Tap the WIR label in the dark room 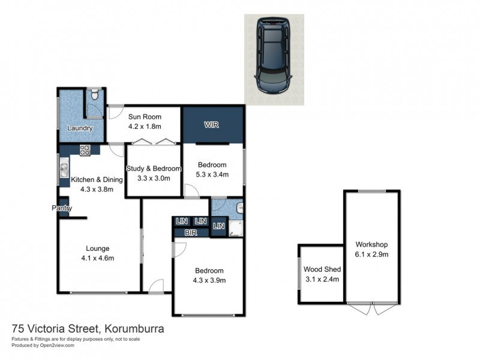211,125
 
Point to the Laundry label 80,128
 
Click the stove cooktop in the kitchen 85,151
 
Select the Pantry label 62,208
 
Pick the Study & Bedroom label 152,169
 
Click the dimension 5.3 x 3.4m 212,175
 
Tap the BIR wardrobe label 191,232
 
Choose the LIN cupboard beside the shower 218,226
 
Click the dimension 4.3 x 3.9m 208,280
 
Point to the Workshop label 372,244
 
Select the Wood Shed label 321,269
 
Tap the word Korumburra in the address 134,329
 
